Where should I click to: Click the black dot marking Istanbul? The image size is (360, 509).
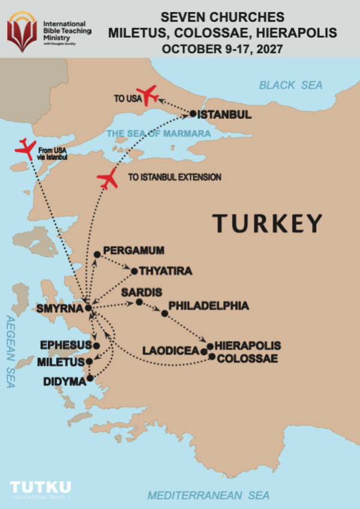pos(193,113)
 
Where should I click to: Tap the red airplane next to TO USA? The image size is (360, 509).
pos(148,94)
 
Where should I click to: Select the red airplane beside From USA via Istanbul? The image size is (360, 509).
pos(25,148)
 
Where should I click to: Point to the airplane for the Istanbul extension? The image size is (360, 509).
pos(108,178)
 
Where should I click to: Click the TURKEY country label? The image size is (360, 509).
pos(268,223)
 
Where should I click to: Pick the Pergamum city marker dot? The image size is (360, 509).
pos(97,254)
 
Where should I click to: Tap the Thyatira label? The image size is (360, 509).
pos(166,271)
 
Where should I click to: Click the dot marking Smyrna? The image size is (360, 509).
pos(88,308)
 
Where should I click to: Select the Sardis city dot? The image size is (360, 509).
pos(139,302)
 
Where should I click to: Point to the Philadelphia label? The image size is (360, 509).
pos(209,306)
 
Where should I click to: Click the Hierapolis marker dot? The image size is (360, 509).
pos(210,346)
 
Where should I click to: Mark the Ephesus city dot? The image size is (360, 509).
pos(96,346)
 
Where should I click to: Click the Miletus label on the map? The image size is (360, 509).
pos(60,363)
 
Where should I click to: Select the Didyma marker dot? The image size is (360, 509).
pos(90,378)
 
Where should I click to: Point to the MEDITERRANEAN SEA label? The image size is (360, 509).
pos(208,495)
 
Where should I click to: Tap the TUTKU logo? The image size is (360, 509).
pos(40,487)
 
